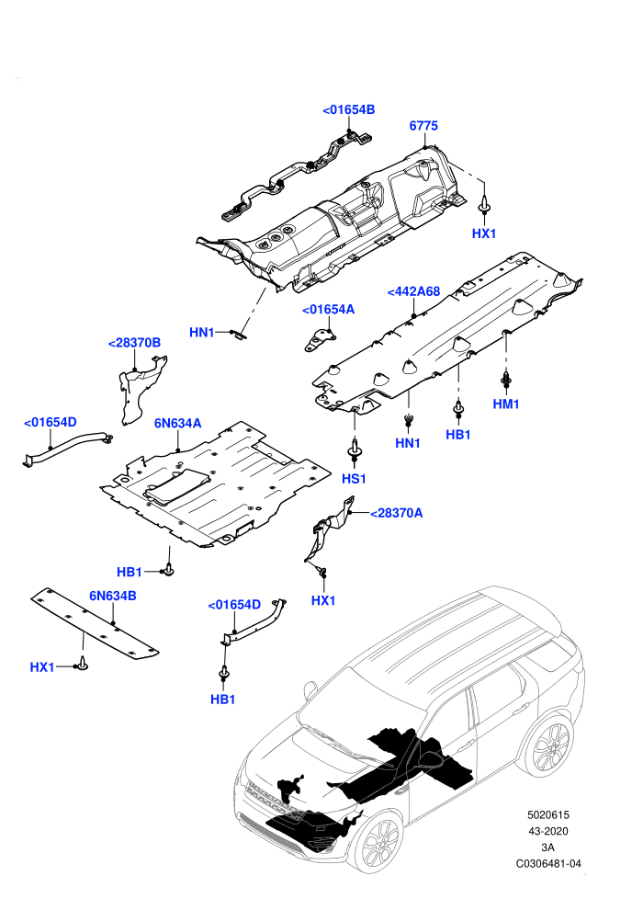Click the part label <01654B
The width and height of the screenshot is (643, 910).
348,109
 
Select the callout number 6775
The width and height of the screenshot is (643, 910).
423,126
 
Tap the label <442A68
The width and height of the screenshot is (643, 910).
413,292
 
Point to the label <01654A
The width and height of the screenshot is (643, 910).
328,310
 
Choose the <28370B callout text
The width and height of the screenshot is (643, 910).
134,343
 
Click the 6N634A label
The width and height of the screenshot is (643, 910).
178,424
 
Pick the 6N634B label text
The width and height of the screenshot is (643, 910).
112,596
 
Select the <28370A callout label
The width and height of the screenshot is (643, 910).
397,513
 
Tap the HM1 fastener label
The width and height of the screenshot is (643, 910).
506,404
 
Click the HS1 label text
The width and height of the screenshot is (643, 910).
354,480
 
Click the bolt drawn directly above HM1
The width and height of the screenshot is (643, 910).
506,380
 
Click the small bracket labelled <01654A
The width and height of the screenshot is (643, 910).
320,340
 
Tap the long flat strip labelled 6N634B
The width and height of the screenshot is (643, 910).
95,625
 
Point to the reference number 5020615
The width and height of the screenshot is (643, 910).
548,814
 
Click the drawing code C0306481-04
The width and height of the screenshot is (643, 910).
548,863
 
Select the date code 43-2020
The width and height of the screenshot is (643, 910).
548,831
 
